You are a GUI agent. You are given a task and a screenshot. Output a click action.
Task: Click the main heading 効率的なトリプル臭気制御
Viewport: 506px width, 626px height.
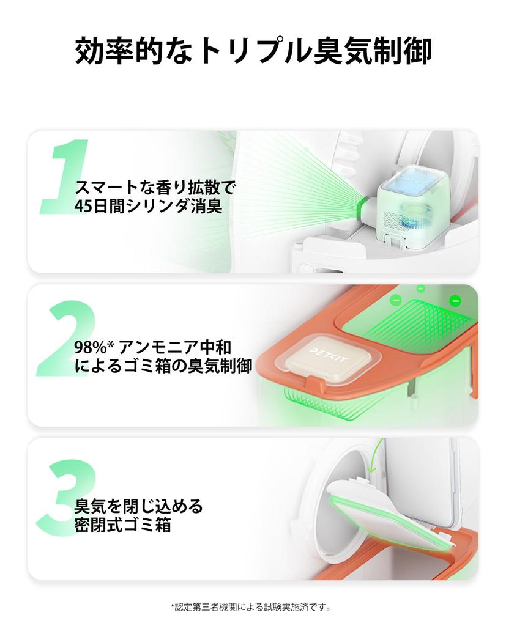point(253,51)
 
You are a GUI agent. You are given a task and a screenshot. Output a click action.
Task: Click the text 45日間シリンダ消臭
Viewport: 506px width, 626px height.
point(148,207)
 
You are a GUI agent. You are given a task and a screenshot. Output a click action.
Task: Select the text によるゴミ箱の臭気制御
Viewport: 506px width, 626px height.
point(163,366)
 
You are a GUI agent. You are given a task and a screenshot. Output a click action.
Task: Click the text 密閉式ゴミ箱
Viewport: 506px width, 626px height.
point(123,525)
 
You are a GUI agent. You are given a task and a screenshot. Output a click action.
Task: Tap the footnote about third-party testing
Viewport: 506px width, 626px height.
point(251,607)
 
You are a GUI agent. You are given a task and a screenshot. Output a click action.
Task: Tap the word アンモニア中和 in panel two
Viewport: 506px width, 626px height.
point(175,347)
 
